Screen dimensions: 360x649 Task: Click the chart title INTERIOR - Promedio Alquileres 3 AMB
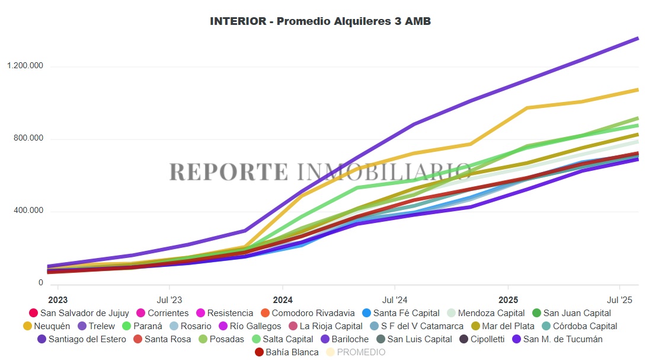(320, 21)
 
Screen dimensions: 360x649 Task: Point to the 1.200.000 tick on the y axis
(25, 66)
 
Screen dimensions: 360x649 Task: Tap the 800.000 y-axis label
(28, 139)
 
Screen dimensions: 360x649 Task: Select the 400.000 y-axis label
(28, 211)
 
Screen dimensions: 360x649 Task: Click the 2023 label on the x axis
(57, 300)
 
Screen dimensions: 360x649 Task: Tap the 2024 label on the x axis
(283, 300)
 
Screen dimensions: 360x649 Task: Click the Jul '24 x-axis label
(395, 300)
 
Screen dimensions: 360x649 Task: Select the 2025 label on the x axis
(509, 300)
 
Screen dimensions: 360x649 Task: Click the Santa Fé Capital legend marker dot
(366, 313)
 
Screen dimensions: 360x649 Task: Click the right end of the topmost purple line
(638, 39)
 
